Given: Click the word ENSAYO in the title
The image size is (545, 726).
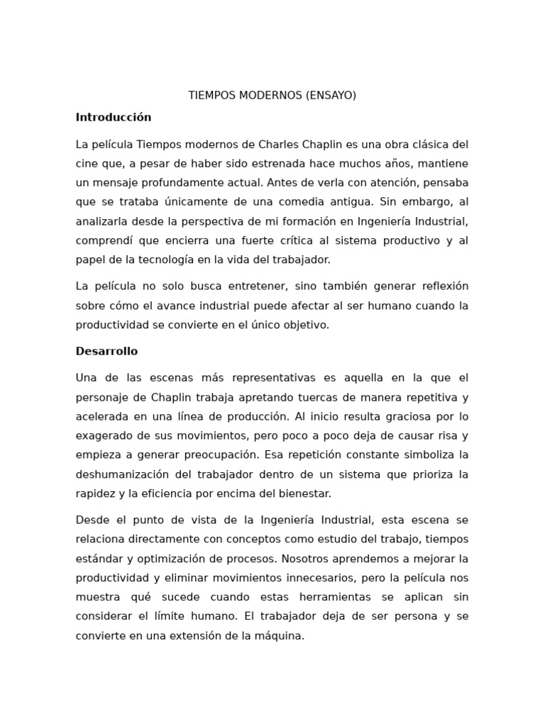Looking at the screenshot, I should [330, 96].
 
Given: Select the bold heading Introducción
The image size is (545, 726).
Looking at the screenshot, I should [114, 117].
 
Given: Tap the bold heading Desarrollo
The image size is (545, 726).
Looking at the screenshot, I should [106, 351].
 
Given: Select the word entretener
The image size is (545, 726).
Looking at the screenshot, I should [253, 286].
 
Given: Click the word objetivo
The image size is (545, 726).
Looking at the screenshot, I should [306, 325].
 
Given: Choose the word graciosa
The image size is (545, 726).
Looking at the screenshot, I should [395, 416].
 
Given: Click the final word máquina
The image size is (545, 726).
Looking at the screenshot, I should [280, 636].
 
